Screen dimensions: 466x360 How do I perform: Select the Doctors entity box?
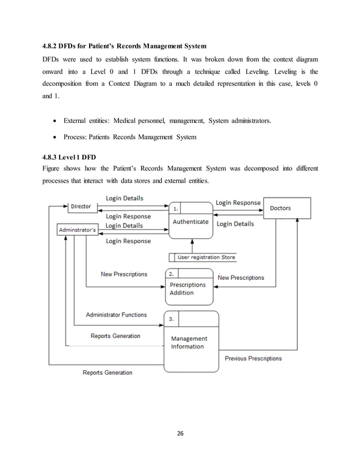coord(287,208)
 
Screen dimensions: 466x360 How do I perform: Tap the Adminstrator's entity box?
coord(78,230)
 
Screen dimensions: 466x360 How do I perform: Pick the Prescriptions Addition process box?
coord(185,288)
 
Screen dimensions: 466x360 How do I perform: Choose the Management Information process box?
coord(190,341)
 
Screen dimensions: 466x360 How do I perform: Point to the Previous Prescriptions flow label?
coord(253,358)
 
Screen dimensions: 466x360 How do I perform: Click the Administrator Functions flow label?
coord(116,315)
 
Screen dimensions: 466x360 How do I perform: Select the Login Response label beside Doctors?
coord(239,203)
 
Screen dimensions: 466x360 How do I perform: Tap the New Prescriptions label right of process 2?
coord(240,278)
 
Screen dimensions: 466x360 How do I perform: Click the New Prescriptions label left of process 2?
coord(124,274)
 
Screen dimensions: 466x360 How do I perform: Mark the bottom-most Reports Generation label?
coord(107,372)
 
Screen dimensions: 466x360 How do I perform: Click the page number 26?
coord(180,433)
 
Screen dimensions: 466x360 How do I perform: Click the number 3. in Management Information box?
coord(172,319)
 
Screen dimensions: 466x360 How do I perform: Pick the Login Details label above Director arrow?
coord(124,199)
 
